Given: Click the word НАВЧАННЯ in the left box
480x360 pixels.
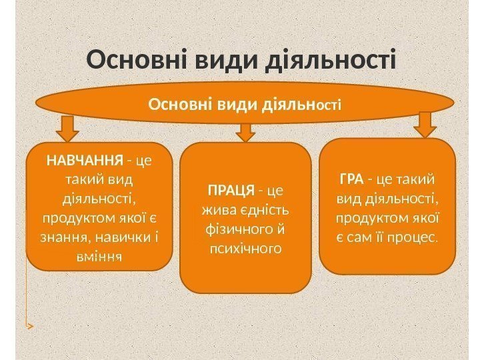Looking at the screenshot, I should [x=84, y=161].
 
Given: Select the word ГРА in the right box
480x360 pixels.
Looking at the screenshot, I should [x=351, y=179].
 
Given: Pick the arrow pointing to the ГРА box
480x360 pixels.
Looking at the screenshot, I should [x=425, y=123].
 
